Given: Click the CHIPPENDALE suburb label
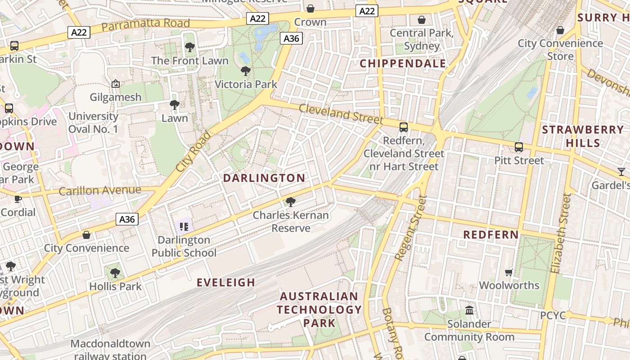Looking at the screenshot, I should (x=403, y=63).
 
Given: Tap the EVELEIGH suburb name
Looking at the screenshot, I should (x=226, y=283).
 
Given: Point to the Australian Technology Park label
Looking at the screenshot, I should (x=319, y=310).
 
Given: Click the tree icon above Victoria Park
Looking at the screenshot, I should (x=246, y=71).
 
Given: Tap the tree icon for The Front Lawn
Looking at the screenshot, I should (x=190, y=47).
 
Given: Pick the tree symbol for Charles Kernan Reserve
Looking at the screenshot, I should (x=291, y=202).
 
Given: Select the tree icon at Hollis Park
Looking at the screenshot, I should (x=115, y=273).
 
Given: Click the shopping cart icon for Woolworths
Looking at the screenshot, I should (x=509, y=272).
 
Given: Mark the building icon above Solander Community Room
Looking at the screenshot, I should (x=469, y=310).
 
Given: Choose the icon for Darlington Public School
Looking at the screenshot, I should (x=184, y=226).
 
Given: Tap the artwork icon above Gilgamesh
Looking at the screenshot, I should (x=116, y=84).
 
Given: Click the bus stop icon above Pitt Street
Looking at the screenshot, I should (x=519, y=147).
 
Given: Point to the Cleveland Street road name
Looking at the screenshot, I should (x=341, y=113).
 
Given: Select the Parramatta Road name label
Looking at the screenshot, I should (x=145, y=25).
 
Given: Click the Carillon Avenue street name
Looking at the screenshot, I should (x=100, y=190).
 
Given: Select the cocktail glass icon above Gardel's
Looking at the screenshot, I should (x=621, y=171).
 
